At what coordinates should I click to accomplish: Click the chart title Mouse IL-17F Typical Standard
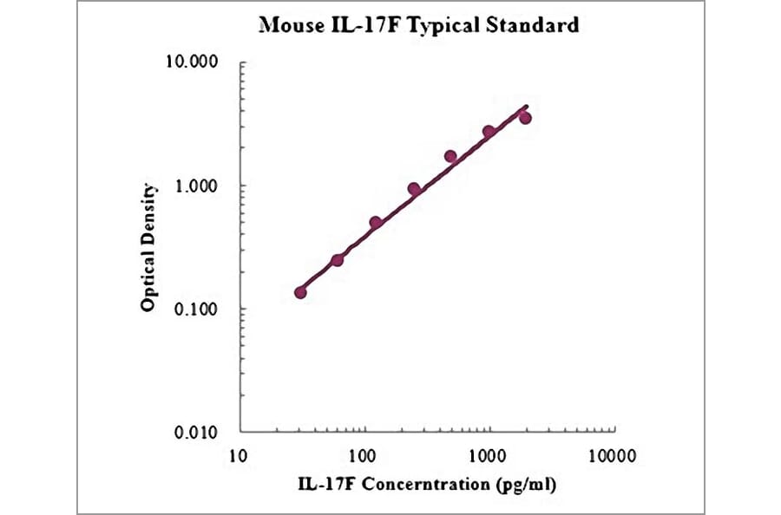(x=419, y=25)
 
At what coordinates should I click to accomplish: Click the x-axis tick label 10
(x=240, y=454)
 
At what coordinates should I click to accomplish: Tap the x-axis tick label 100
(x=364, y=454)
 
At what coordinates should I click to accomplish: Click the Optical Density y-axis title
(x=149, y=247)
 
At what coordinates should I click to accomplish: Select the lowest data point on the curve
(x=300, y=292)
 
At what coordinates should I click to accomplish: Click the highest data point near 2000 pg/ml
(x=525, y=118)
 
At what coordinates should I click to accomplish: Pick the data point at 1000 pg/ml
(x=489, y=132)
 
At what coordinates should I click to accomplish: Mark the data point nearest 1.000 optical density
(x=414, y=189)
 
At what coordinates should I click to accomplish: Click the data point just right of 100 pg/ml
(x=376, y=223)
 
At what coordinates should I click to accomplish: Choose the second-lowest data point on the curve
(x=338, y=260)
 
